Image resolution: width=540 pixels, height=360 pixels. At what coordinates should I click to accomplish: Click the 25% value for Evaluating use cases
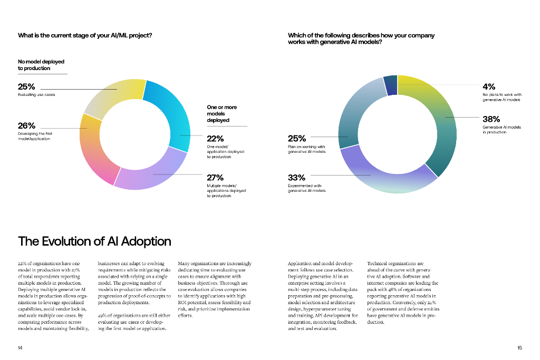point(26,86)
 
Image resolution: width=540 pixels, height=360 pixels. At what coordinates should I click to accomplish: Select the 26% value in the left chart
point(26,126)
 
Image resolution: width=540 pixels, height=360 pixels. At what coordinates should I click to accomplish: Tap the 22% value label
point(215,139)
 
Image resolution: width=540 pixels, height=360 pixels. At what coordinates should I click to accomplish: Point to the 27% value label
point(215,178)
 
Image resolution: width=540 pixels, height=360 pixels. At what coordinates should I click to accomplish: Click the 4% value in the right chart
point(489,86)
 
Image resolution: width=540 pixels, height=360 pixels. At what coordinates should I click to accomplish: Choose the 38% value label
point(491,119)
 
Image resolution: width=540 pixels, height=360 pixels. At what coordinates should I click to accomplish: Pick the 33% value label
point(296,178)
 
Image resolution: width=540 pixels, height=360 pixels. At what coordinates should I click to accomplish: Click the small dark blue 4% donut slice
point(390,85)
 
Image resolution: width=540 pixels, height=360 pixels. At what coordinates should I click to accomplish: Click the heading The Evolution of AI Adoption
point(94,241)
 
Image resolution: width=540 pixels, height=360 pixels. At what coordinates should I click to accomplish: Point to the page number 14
point(20,347)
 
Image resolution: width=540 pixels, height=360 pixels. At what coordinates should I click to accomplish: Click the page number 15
point(519,347)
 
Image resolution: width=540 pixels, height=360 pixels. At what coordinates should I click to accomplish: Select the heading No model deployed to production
point(41,65)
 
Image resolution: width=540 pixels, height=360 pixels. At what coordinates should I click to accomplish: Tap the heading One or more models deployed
point(221,114)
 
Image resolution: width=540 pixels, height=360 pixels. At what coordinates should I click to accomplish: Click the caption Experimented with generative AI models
point(306,188)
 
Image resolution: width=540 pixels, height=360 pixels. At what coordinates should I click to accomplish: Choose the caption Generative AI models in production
point(502,130)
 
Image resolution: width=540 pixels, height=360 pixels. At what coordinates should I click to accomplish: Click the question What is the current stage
point(85,35)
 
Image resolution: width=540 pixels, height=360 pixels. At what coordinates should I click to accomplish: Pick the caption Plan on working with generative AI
point(306,149)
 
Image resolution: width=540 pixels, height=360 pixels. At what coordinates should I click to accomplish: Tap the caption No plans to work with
point(502,97)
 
